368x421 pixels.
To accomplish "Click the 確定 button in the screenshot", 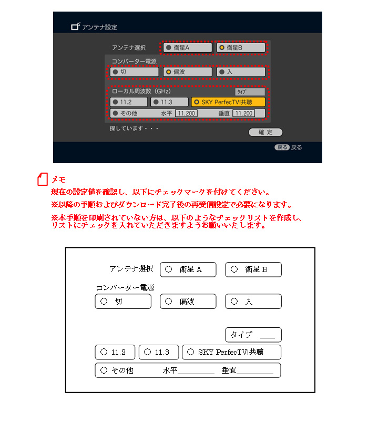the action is pos(265,132).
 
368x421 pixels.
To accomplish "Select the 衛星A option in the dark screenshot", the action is pos(187,48).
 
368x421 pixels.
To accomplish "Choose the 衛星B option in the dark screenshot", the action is pos(241,48).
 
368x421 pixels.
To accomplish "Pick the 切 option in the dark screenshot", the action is pos(134,72).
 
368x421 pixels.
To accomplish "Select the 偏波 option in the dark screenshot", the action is pos(187,72).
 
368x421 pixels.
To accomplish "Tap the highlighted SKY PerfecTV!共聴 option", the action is pos(228,102).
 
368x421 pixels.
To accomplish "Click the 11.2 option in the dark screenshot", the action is pos(128,102).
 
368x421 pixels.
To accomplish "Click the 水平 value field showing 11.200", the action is pos(186,113).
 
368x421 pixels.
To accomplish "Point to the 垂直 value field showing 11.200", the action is pos(243,113).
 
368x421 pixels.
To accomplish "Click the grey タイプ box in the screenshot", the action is pos(250,92).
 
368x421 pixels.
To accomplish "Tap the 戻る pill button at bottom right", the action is pos(282,147).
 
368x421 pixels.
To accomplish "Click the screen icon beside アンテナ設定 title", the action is pos(75,26).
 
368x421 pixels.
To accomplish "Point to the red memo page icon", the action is pos(43,179).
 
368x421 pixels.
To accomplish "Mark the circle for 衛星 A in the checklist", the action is pos(168,269).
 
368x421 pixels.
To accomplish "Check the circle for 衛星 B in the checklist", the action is pos(234,269).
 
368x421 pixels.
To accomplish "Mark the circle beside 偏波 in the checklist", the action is pos(168,301).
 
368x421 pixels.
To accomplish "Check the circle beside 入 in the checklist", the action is pos(234,301).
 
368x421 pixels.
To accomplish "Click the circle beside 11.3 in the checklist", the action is pos(148,352).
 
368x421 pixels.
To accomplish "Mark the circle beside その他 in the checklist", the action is pos(104,370).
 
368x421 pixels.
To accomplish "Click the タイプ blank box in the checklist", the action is pos(253,335).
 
